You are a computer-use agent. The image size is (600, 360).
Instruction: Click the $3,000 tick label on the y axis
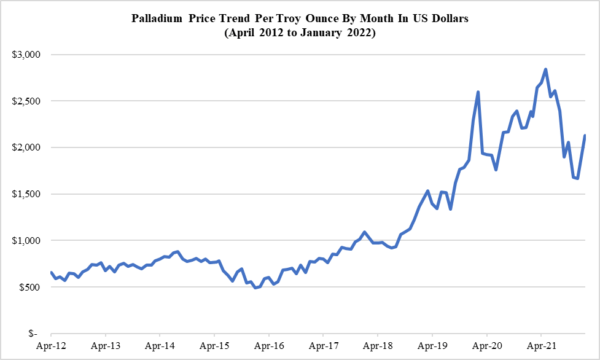[x=26, y=55]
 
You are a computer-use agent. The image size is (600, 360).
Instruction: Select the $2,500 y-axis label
[x=26, y=101]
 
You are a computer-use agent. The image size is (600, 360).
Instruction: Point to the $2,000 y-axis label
[x=26, y=147]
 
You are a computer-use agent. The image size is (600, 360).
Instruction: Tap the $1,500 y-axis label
[x=26, y=194]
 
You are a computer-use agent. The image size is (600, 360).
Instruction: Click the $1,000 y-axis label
[x=26, y=241]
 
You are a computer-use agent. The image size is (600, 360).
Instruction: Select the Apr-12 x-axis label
[x=51, y=346]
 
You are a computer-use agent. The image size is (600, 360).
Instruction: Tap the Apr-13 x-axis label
[x=106, y=346]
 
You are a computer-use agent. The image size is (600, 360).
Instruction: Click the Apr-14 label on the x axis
[x=160, y=346]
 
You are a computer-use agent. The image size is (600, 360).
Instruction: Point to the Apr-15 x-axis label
[x=214, y=346]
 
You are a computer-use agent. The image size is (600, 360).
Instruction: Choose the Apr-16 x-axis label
[x=269, y=346]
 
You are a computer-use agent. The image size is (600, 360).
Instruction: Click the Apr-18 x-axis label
[x=378, y=346]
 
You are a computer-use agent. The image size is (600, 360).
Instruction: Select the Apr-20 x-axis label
[x=486, y=346]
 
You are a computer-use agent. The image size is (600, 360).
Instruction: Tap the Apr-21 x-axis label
[x=541, y=346]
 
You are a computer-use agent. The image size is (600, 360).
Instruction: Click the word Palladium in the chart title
[x=156, y=18]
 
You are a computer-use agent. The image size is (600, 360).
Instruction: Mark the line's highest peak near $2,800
[x=546, y=69]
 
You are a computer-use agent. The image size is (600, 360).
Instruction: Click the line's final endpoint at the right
[x=585, y=136]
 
